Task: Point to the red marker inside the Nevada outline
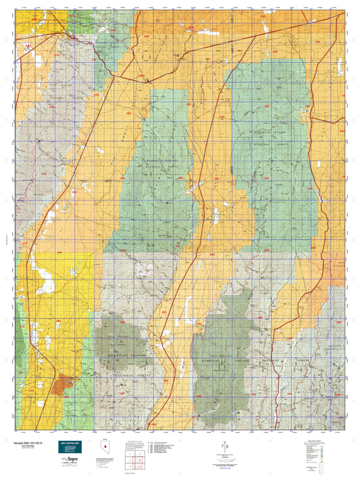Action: pyautogui.click(x=105, y=447)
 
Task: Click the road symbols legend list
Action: pyautogui.click(x=165, y=448)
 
